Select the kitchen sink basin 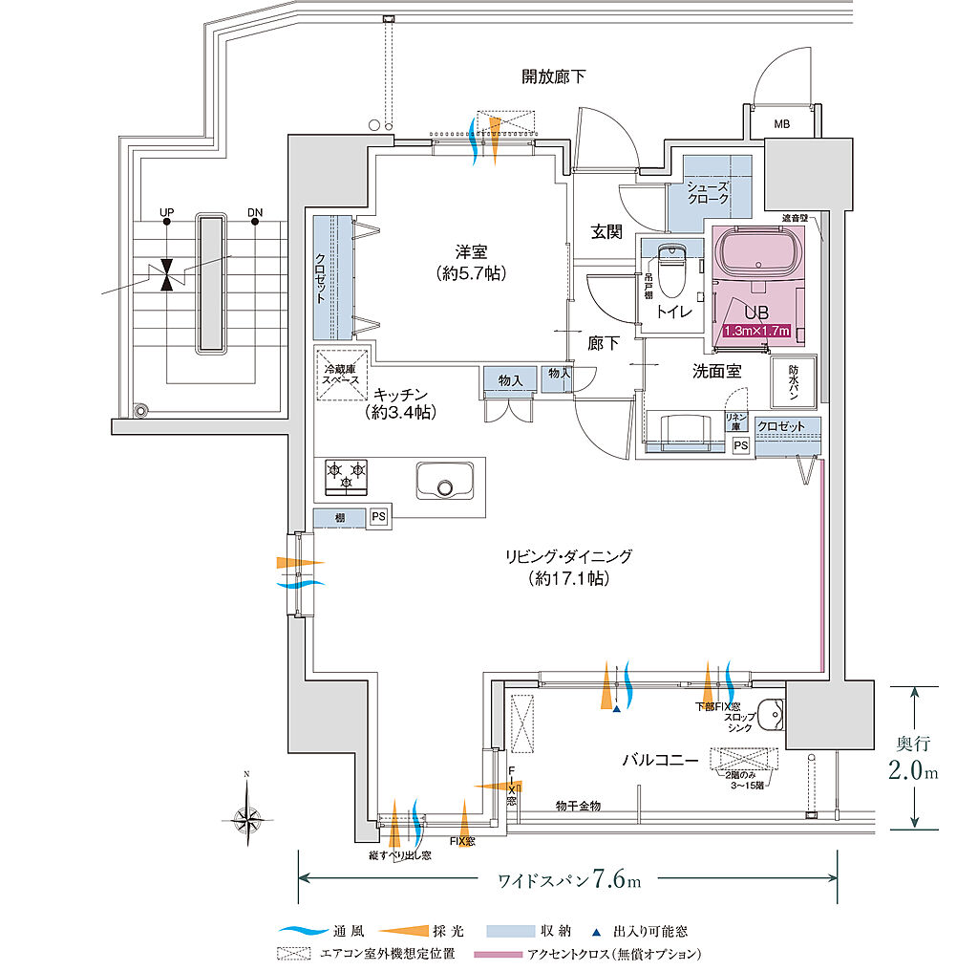[444, 480]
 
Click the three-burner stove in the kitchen [347, 476]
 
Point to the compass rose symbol [246, 816]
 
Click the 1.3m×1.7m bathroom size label [757, 332]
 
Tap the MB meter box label [781, 124]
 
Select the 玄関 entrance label [606, 231]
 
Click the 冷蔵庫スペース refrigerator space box [341, 372]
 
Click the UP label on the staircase [167, 212]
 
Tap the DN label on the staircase [254, 212]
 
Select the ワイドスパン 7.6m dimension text [570, 878]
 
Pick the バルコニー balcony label [660, 760]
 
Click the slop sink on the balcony [771, 715]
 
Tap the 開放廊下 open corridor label [553, 76]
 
